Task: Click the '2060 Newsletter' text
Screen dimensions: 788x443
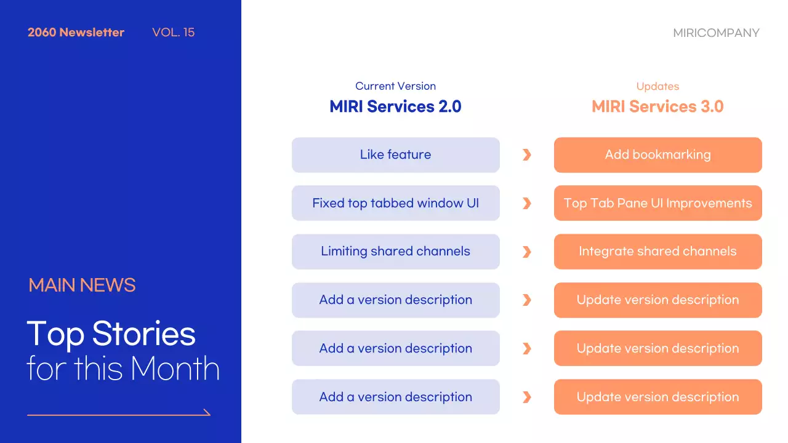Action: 76,33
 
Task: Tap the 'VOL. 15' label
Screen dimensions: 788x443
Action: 174,33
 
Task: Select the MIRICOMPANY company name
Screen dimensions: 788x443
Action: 716,33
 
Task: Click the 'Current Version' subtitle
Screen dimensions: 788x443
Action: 395,86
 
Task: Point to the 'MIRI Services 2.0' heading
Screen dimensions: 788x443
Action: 395,106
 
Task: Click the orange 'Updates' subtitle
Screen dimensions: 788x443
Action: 657,87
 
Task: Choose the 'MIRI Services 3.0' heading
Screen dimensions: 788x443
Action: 657,106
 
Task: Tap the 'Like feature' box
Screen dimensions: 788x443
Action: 396,154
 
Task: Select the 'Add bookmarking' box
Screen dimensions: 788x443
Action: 658,154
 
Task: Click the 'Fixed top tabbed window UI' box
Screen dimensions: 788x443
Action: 396,203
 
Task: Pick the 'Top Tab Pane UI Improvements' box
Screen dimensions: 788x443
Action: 658,203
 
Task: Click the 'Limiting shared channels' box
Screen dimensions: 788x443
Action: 396,252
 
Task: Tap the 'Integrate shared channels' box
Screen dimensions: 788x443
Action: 658,252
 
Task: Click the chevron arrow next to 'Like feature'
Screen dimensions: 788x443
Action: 527,154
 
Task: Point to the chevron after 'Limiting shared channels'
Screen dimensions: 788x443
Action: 527,252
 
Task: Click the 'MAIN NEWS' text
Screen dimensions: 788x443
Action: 82,285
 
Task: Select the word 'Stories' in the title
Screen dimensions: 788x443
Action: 143,333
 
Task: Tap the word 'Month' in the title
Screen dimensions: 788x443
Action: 175,368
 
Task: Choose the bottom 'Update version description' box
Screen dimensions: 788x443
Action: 658,397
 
